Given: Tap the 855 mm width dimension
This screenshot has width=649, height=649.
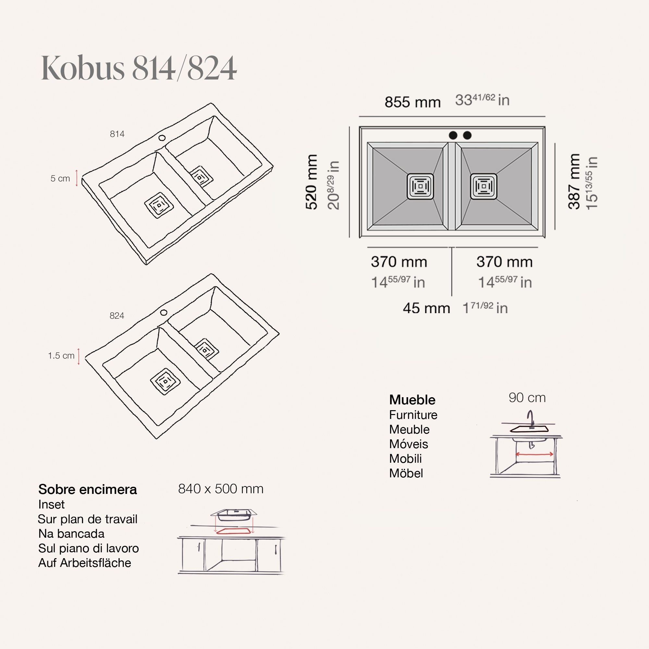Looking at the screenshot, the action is pyautogui.click(x=412, y=102).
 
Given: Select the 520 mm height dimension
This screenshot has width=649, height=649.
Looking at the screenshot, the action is pyautogui.click(x=312, y=182).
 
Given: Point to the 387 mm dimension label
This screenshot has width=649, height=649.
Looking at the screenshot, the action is pyautogui.click(x=574, y=181).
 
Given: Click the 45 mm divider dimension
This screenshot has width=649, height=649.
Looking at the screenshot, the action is pyautogui.click(x=426, y=308).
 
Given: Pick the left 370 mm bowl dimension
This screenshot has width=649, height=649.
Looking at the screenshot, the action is pyautogui.click(x=399, y=262).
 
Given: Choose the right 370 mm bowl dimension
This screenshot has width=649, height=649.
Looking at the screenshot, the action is pyautogui.click(x=505, y=262).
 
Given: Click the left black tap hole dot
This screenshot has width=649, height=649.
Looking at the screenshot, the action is pyautogui.click(x=453, y=135).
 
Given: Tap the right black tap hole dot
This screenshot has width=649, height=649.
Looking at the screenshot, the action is pyautogui.click(x=467, y=135).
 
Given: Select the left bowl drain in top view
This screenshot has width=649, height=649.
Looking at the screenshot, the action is pyautogui.click(x=420, y=187).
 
